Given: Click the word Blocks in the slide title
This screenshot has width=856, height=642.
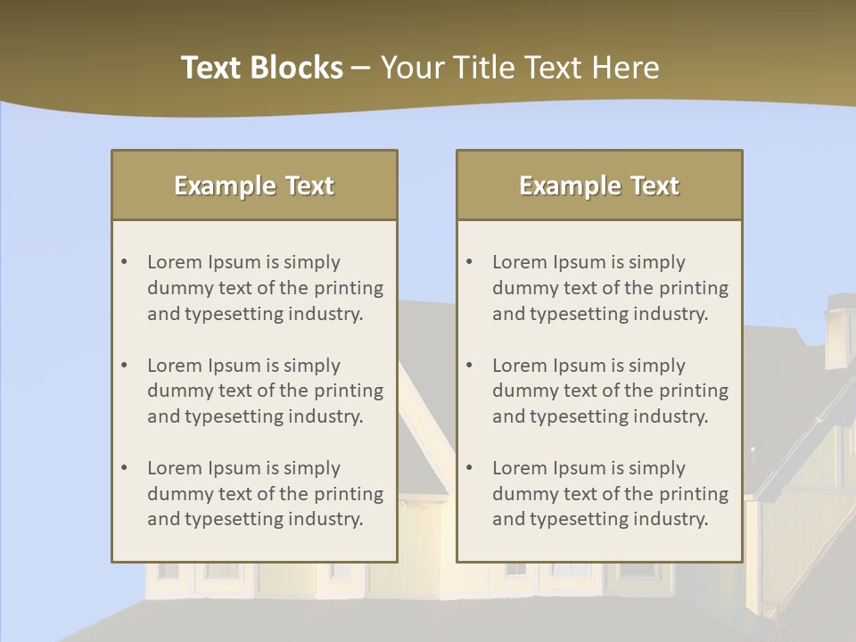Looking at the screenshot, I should coord(300,68).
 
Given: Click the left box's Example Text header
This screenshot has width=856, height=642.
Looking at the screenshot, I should coord(254,185).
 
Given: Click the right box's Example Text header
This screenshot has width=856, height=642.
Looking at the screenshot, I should coord(599,185).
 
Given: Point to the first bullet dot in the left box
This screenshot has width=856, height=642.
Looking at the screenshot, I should coord(125,262).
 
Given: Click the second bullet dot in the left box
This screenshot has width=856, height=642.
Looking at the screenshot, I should coord(125,366).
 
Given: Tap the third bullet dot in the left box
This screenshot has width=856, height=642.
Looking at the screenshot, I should coord(125,468).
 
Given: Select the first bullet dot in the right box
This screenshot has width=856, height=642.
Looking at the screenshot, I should coord(470,262).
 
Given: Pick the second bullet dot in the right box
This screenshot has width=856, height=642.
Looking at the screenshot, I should coord(470,366).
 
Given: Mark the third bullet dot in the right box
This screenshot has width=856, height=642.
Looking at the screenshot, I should coord(470,468).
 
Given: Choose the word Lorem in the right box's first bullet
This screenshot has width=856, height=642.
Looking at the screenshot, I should coord(519,262).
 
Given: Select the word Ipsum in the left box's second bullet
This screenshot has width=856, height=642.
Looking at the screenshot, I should coord(234,366).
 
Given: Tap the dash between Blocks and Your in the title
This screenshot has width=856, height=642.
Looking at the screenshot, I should coord(361,68).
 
